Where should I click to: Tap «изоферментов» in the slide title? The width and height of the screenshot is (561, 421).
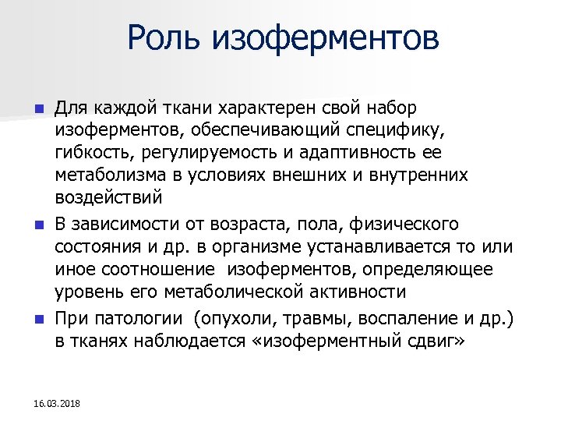(326, 37)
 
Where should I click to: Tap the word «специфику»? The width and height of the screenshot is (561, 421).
(410, 129)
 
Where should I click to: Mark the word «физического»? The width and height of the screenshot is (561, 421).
(406, 225)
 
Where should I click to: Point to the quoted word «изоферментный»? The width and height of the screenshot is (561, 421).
(326, 342)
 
